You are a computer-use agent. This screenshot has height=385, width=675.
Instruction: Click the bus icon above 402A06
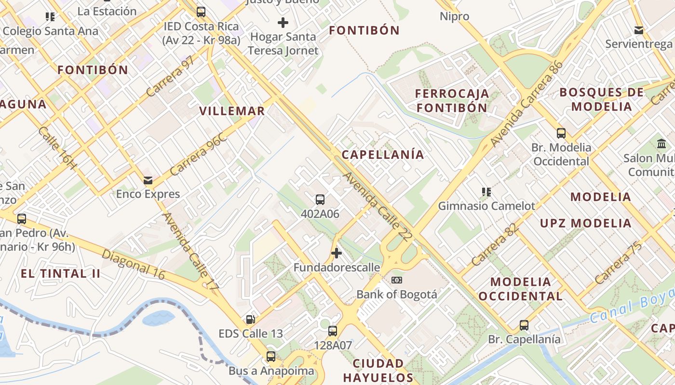click(320, 199)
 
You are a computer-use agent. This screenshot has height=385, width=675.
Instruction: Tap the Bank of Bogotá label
click(396, 294)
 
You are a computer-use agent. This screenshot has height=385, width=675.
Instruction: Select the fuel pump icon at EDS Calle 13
click(250, 319)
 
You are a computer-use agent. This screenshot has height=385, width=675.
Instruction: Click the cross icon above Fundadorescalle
click(337, 253)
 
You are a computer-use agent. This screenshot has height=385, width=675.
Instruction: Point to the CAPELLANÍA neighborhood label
click(383, 154)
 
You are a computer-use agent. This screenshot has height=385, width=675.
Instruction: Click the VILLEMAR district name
click(232, 111)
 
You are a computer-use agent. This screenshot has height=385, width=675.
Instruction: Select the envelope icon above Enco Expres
click(148, 180)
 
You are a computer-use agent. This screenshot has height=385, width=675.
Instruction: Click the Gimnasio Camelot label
click(486, 206)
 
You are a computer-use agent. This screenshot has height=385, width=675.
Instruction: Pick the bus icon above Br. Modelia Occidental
click(561, 133)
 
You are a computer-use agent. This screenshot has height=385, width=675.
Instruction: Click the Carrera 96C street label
click(198, 154)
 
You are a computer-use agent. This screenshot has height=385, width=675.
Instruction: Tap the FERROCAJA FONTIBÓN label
click(452, 101)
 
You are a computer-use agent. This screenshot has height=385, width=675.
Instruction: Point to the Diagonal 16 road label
click(133, 264)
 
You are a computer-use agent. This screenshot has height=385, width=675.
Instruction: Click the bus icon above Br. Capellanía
click(524, 325)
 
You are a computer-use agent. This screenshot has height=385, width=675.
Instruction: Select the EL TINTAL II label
click(61, 274)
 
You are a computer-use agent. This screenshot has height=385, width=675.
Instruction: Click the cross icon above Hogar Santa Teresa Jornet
click(283, 22)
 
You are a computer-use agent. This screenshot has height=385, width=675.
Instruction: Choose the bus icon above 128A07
click(333, 331)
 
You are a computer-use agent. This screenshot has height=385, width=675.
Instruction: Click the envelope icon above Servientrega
click(639, 30)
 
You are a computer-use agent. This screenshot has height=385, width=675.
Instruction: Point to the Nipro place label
click(454, 16)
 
